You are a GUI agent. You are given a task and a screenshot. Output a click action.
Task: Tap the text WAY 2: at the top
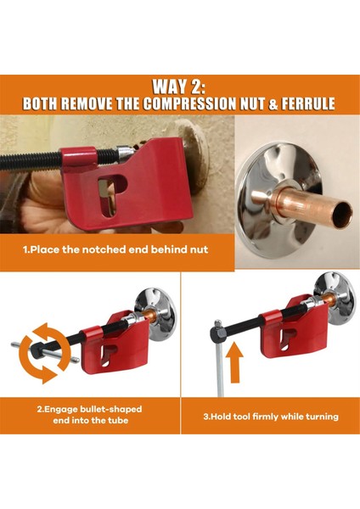(179, 87)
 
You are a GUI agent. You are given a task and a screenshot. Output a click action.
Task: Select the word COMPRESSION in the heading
(189, 103)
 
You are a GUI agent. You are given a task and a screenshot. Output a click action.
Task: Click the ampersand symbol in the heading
(273, 103)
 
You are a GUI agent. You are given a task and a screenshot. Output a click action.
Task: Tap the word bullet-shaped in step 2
(111, 409)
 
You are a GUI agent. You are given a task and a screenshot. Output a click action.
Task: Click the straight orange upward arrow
(234, 363)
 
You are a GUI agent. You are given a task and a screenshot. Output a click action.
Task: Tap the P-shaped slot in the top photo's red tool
(110, 195)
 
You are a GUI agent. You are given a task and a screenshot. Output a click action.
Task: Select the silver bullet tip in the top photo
(125, 153)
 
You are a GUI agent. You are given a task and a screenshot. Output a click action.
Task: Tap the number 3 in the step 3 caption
(205, 417)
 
